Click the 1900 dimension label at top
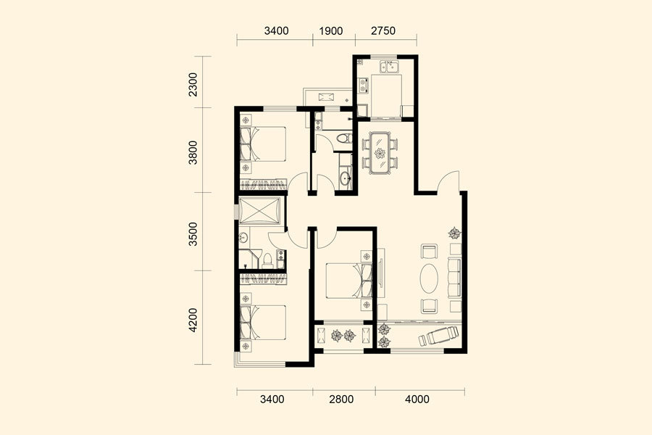pyautogui.click(x=331, y=30)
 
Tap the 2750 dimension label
pyautogui.click(x=383, y=30)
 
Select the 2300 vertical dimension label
pyautogui.click(x=193, y=85)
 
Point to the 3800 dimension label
pyautogui.click(x=193, y=152)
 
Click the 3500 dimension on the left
pyautogui.click(x=193, y=234)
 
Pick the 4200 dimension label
pyautogui.click(x=193, y=320)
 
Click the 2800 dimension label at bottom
pyautogui.click(x=341, y=399)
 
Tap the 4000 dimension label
pyautogui.click(x=417, y=399)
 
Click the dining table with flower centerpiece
pyautogui.click(x=380, y=153)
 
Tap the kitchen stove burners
pyautogui.click(x=364, y=85)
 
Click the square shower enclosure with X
pyautogui.click(x=260, y=211)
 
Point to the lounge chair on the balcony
pyautogui.click(x=439, y=336)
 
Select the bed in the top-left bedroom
pyautogui.click(x=263, y=144)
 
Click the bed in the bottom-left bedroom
pyautogui.click(x=263, y=323)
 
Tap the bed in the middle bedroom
pyautogui.click(x=348, y=280)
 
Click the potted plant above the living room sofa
pyautogui.click(x=454, y=233)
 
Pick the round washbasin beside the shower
pyautogui.click(x=243, y=238)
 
